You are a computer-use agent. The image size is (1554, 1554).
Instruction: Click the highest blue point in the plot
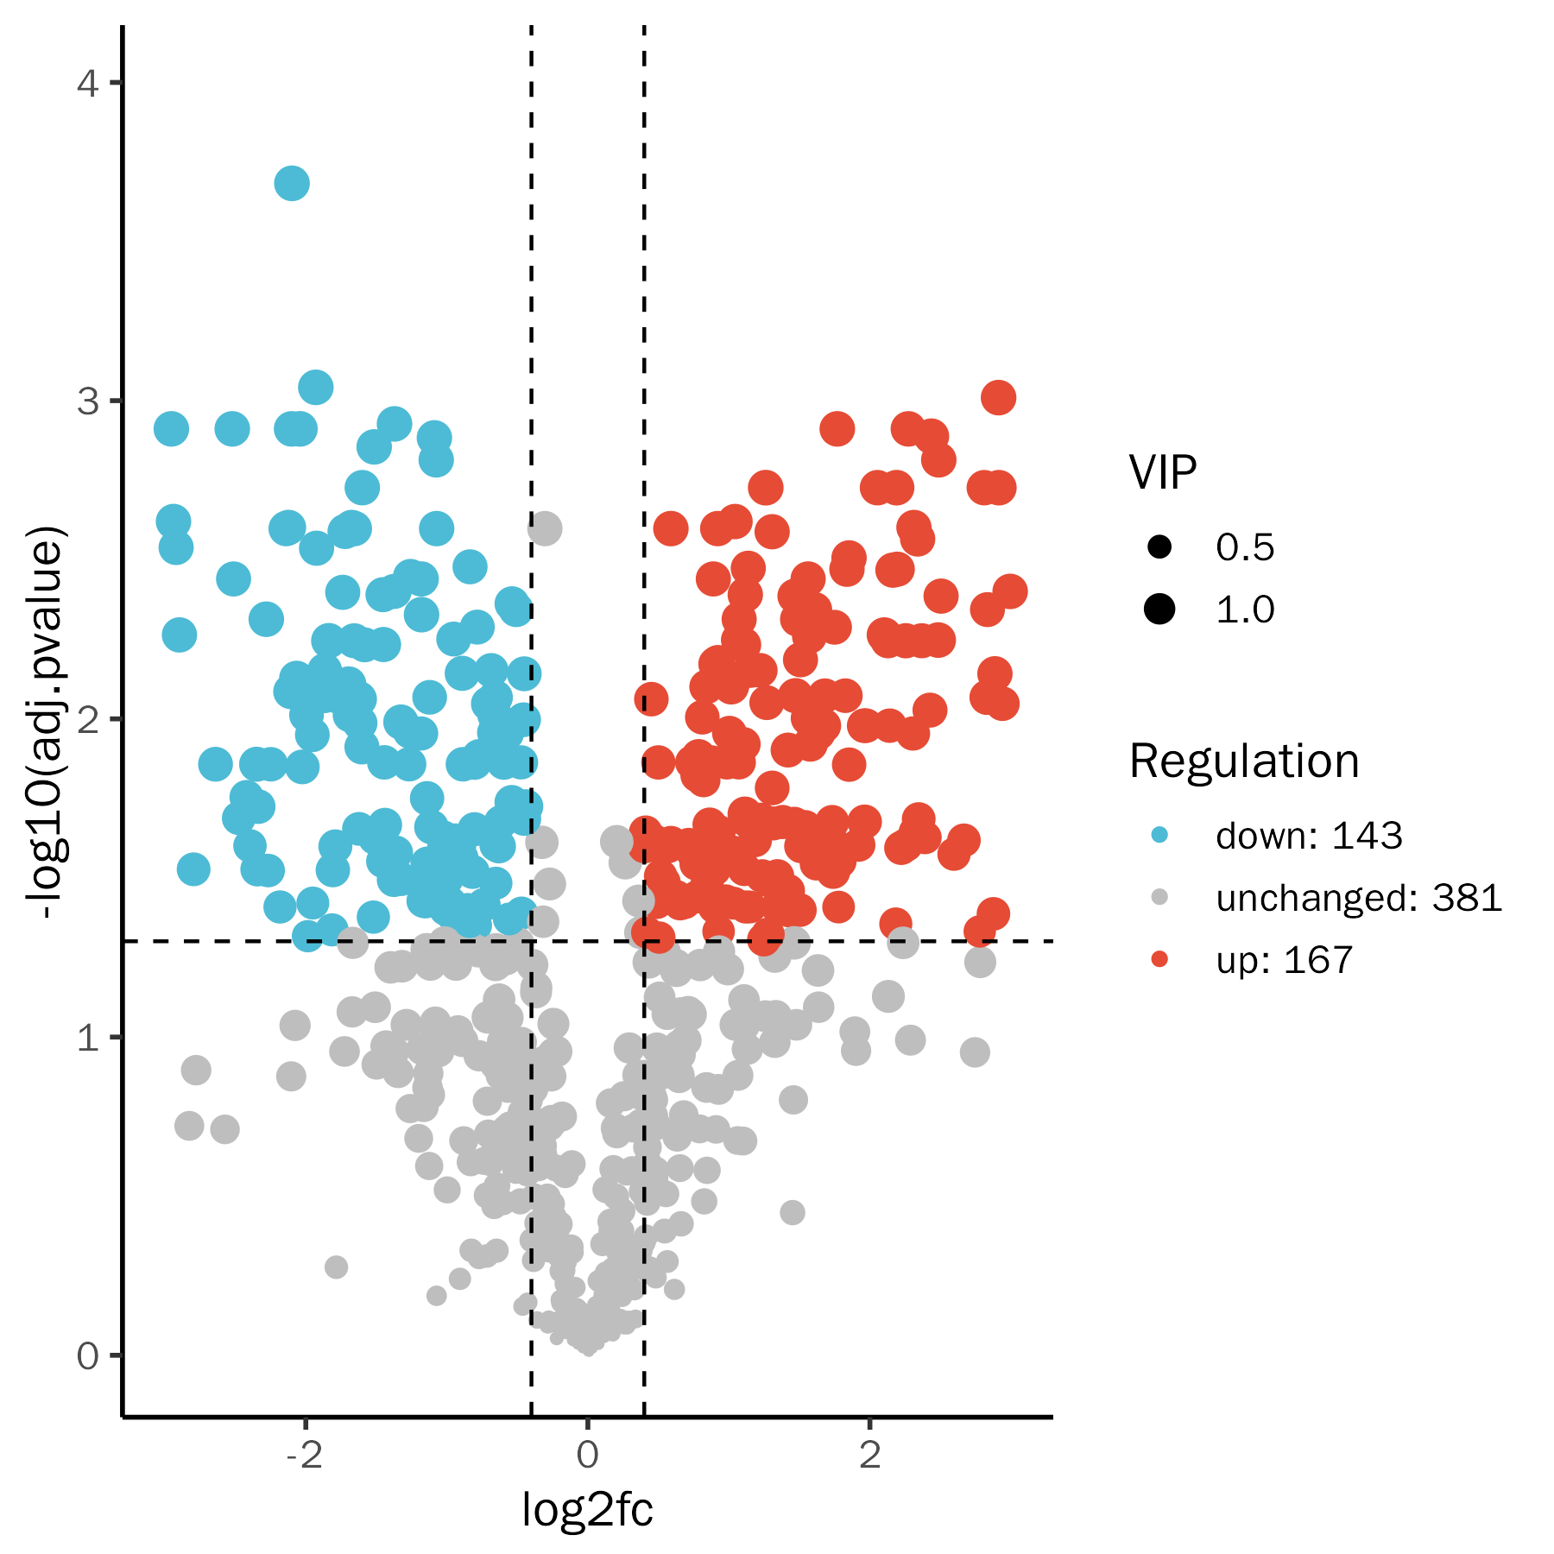292,183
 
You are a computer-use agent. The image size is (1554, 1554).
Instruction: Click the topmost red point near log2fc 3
998,398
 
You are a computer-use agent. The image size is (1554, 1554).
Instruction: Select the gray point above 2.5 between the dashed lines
545,527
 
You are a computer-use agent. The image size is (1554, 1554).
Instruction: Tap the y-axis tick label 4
87,84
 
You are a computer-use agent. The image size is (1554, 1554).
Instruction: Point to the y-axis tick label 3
87,401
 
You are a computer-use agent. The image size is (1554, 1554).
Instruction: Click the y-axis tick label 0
87,1356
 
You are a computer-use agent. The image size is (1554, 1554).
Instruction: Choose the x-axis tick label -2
304,1455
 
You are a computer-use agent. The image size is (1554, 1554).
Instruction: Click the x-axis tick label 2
870,1455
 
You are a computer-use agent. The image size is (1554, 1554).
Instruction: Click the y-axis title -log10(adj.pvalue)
45,722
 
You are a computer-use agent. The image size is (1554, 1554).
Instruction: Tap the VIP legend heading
1162,472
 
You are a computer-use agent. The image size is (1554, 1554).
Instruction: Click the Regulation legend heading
1244,761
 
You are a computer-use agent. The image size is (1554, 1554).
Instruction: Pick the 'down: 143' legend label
1309,836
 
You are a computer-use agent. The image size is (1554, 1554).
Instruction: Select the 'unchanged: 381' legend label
1359,898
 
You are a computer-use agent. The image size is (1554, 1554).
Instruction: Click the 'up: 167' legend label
1284,960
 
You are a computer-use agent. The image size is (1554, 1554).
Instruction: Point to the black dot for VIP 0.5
1159,546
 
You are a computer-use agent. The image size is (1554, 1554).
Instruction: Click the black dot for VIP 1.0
1159,609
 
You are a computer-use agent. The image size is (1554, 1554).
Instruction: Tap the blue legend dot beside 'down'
1159,835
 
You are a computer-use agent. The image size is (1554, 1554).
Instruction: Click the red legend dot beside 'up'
1159,959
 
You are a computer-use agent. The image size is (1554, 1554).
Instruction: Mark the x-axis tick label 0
587,1455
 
